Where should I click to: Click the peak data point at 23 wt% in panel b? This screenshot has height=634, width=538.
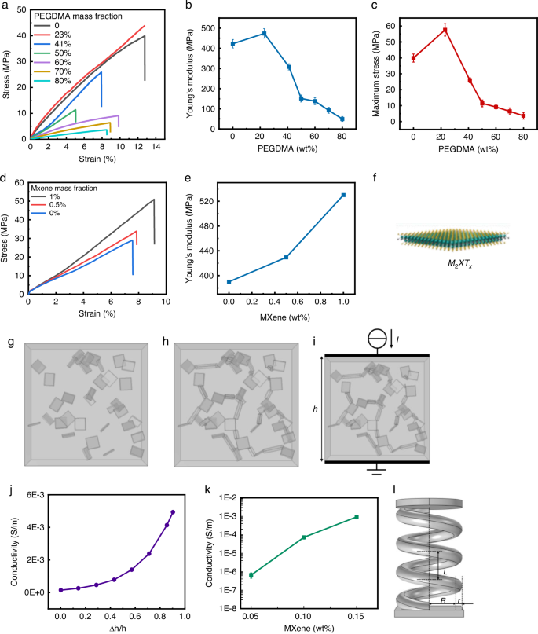pyautogui.click(x=265, y=33)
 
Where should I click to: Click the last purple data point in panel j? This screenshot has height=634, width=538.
pyautogui.click(x=172, y=512)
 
